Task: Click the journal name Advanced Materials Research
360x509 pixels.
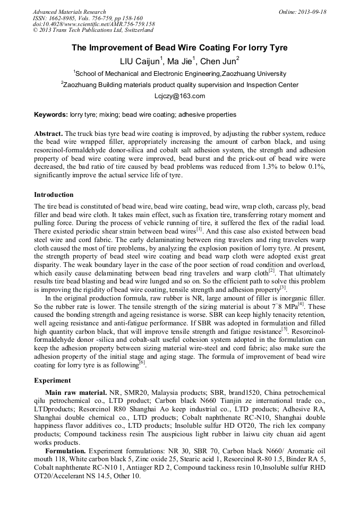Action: [69, 12]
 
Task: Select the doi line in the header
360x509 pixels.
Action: [93, 24]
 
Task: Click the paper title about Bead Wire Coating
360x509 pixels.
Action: [179, 48]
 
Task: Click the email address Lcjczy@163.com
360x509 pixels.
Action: [179, 96]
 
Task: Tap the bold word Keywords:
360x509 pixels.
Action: [51, 114]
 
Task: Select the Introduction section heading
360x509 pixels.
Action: [54, 195]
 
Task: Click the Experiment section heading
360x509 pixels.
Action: [52, 381]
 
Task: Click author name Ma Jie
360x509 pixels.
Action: [182, 61]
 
